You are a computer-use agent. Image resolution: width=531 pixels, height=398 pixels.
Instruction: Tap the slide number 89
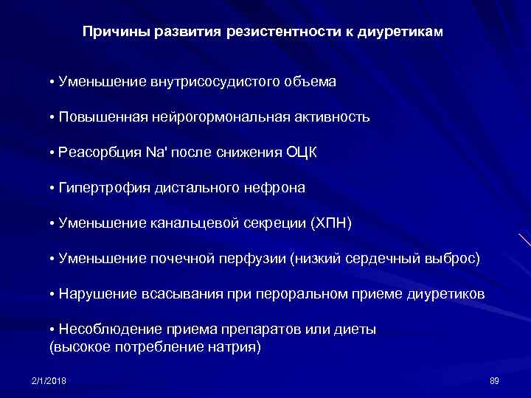tap(494, 380)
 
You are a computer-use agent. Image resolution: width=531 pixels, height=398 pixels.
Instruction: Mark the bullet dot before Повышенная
tap(52, 117)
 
